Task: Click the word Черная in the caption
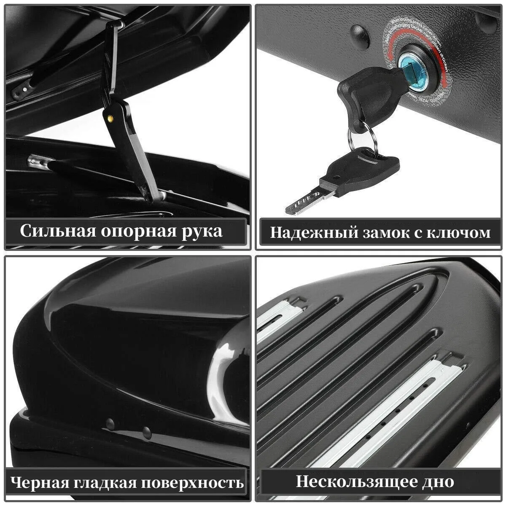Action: [38, 482]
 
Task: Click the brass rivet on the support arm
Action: [111, 118]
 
